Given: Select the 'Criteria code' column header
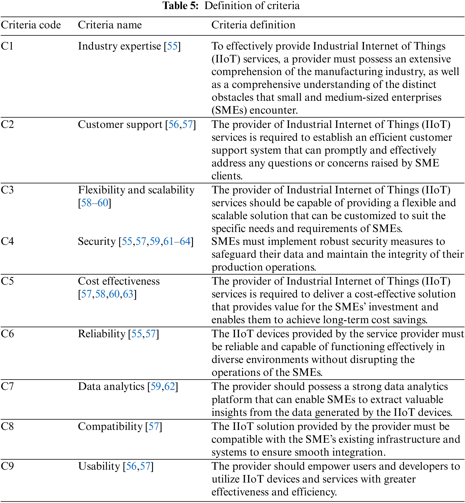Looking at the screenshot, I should point(31,25).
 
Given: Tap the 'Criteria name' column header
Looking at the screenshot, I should point(110,25).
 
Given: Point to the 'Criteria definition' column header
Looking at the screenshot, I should point(253,25).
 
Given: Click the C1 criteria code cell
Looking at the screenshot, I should point(7,46).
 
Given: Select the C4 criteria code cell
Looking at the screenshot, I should point(7,241).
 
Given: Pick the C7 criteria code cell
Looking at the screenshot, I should point(7,386).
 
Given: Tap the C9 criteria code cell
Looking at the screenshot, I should point(7,466).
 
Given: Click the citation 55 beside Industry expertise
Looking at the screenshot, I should point(172,46).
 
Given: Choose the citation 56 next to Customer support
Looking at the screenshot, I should point(173,124).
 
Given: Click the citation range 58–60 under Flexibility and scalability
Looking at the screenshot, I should point(95,203).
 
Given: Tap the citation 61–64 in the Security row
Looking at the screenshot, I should point(177,241).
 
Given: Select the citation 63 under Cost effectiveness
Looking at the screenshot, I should point(128,294).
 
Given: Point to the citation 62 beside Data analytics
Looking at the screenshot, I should point(170,386).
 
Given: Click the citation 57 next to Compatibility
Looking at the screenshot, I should point(154,426).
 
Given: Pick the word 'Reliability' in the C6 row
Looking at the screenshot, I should point(102,334).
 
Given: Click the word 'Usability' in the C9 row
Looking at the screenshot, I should point(99,466).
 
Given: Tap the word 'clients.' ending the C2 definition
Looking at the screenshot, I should point(227,176).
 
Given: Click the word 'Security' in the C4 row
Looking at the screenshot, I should point(97,241).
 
